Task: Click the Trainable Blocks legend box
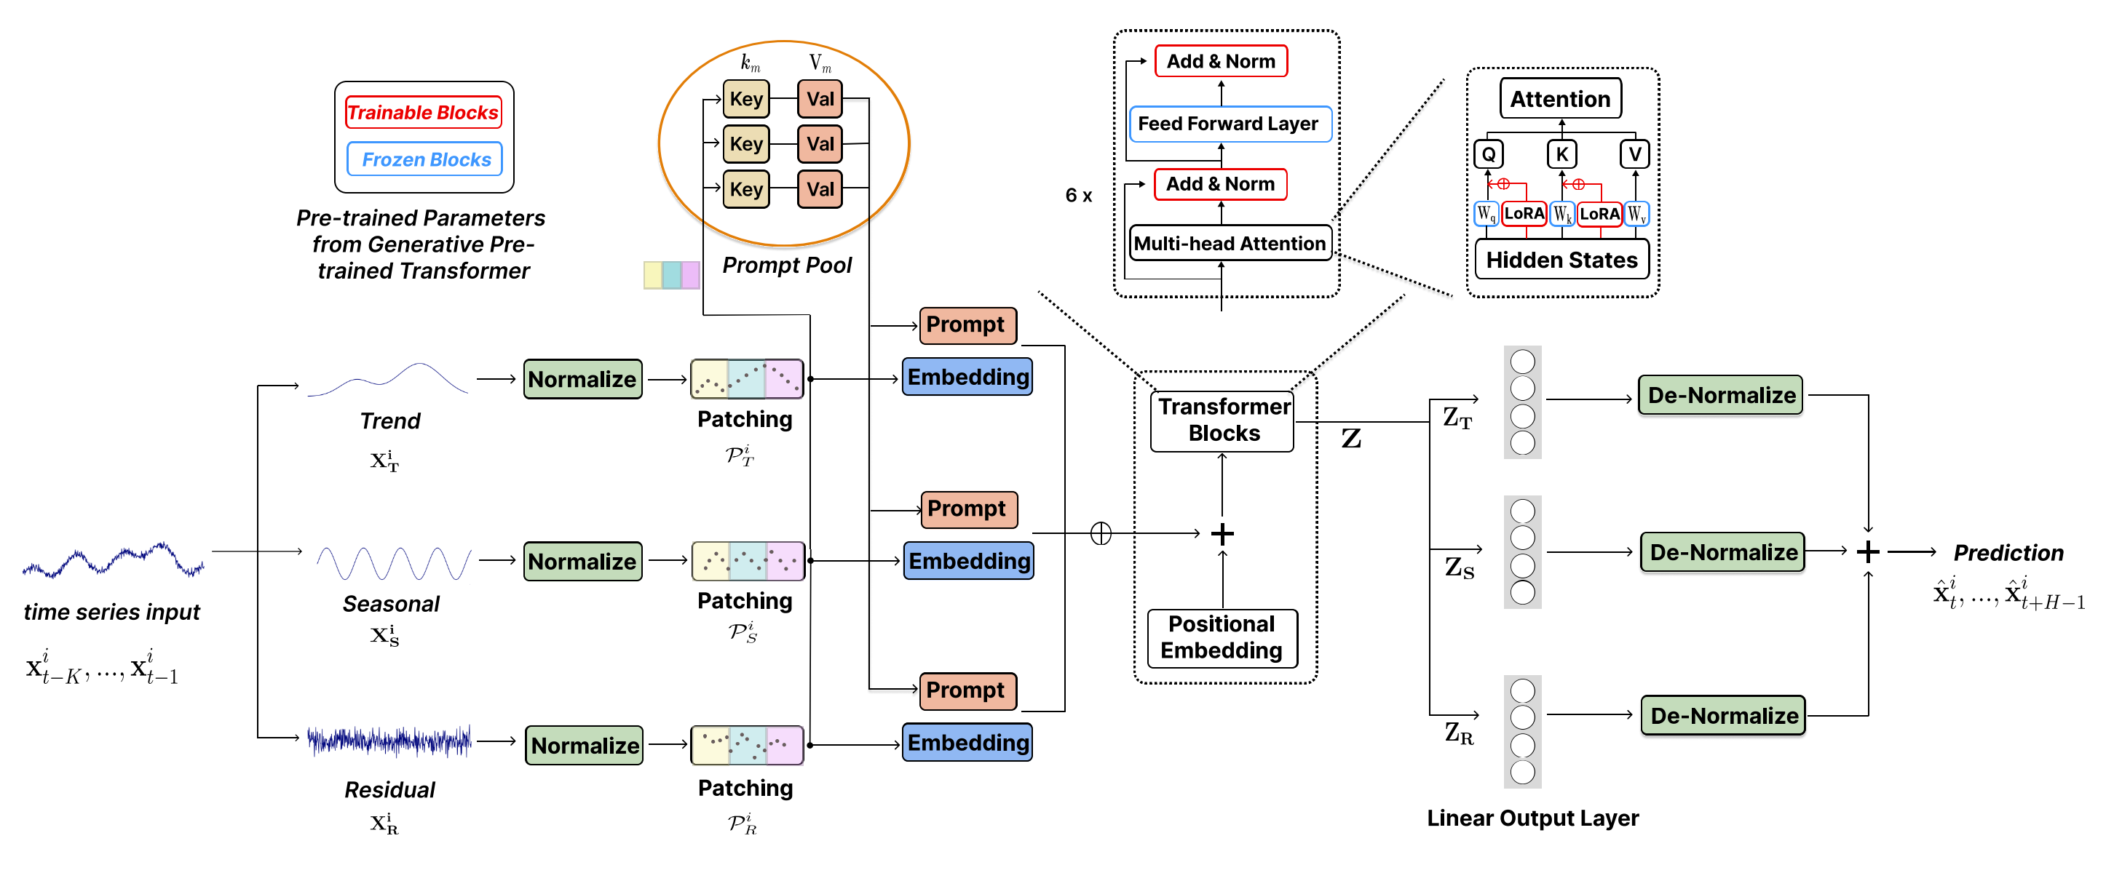click(x=423, y=113)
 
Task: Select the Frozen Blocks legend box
click(x=425, y=159)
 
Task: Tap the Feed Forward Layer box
click(x=1230, y=124)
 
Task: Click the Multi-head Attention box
click(x=1230, y=243)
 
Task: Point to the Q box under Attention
click(x=1488, y=154)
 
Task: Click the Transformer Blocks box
click(x=1223, y=420)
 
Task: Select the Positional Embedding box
click(x=1222, y=637)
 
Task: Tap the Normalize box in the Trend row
click(x=582, y=379)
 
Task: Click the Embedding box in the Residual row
click(x=967, y=743)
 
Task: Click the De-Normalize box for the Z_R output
click(x=1723, y=715)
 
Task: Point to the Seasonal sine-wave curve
click(x=394, y=564)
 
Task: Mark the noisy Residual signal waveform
click(x=389, y=741)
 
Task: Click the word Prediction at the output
click(x=2008, y=553)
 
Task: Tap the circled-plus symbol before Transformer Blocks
click(x=1101, y=534)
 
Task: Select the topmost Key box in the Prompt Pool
click(x=746, y=99)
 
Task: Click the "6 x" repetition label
click(x=1078, y=195)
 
